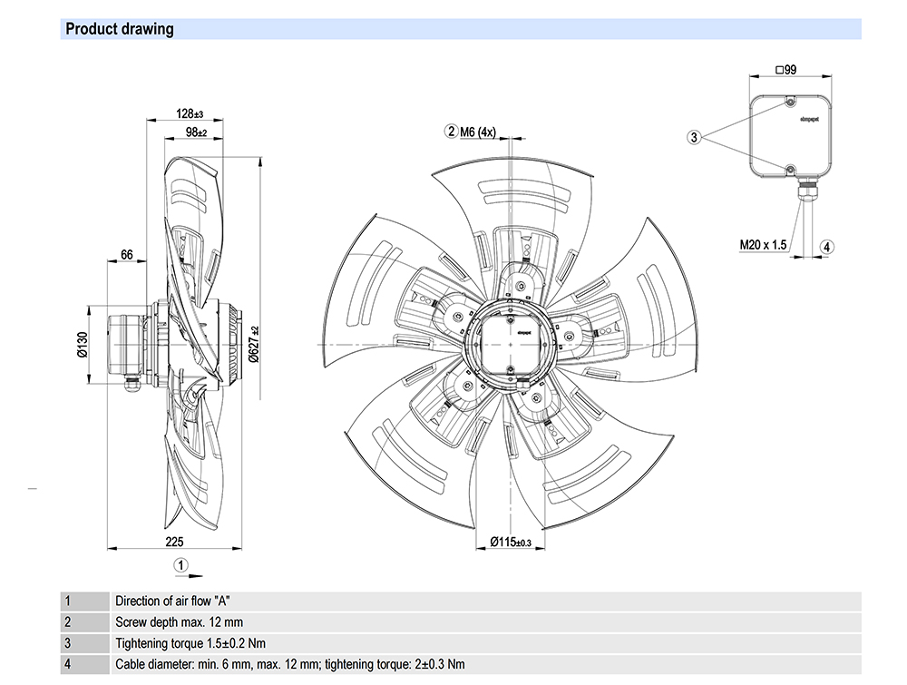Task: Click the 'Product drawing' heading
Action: (x=119, y=29)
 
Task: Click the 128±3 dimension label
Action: (x=190, y=114)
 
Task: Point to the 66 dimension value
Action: (x=127, y=256)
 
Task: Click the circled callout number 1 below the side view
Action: (x=181, y=564)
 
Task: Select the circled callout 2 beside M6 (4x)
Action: (x=451, y=132)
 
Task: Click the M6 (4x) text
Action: (x=478, y=132)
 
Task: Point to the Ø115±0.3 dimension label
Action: (x=510, y=542)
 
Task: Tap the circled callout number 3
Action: (x=694, y=137)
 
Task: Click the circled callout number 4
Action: (x=827, y=246)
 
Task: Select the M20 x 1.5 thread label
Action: (x=762, y=245)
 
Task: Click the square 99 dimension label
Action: (x=785, y=70)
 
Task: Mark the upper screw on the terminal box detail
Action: (x=790, y=101)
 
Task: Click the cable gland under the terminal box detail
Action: (x=803, y=189)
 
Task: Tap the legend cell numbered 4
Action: (x=67, y=663)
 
